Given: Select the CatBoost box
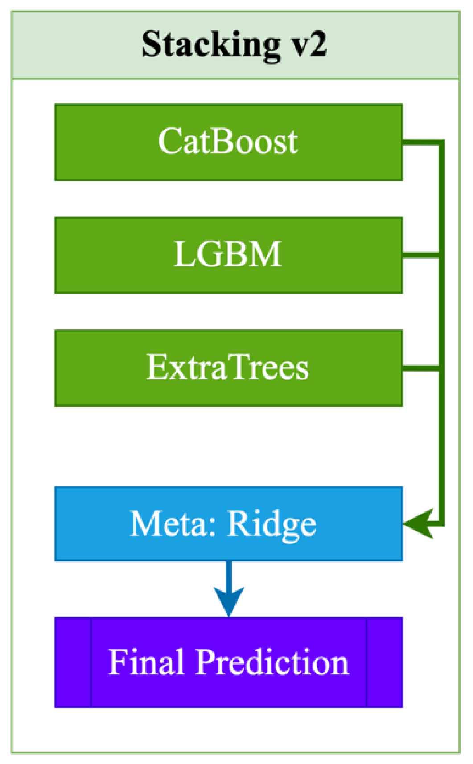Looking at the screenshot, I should click(228, 142).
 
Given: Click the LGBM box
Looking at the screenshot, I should click(228, 255).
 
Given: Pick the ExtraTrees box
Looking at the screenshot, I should click(228, 368).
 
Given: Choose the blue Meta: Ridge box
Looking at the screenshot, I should click(228, 523).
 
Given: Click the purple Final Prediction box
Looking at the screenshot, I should click(228, 662).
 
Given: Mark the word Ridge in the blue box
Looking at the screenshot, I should click(271, 524).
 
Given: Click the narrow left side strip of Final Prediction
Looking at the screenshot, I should click(73, 662).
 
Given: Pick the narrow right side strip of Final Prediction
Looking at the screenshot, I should click(384, 662).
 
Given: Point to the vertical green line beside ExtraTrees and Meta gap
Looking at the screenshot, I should click(441, 445).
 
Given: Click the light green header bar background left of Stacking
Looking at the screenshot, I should click(76, 45).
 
